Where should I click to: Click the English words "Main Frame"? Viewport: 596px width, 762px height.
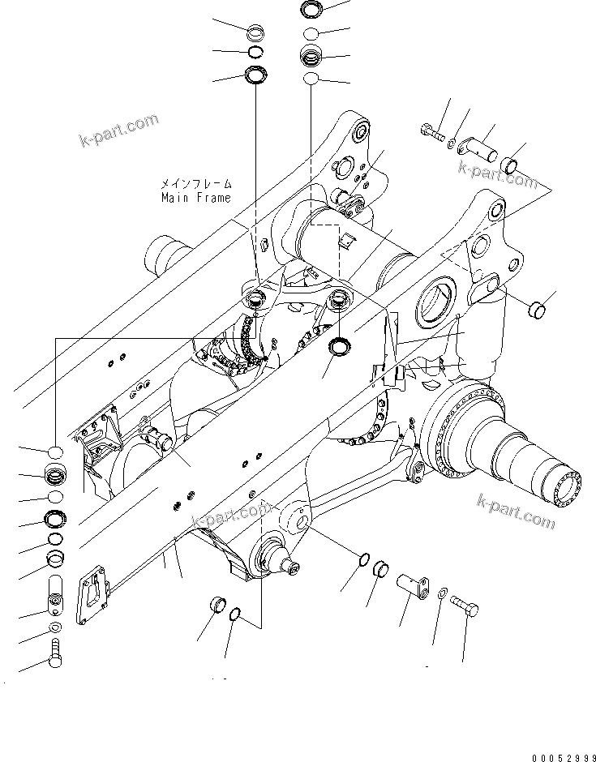(195, 197)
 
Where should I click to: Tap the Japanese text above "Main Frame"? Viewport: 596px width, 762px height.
(195, 184)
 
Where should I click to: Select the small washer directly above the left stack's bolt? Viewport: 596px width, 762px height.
(55, 628)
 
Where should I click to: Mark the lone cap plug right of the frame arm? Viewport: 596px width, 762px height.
(536, 310)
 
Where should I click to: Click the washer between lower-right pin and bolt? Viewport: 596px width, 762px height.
(439, 597)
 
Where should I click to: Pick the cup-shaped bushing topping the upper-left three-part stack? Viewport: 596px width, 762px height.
(257, 33)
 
